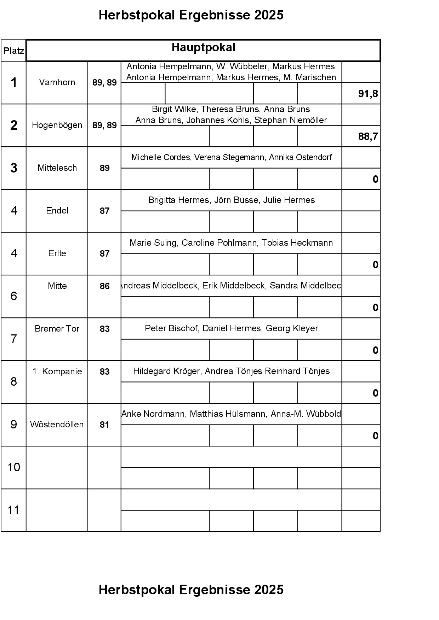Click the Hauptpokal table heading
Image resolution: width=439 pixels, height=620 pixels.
point(203,48)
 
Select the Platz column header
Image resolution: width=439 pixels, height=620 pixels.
point(14,51)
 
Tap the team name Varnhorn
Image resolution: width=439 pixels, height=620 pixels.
point(57,82)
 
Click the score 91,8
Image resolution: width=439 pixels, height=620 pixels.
point(368,94)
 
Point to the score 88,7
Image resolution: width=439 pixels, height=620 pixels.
point(368,136)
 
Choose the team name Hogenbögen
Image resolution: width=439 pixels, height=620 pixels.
point(57,125)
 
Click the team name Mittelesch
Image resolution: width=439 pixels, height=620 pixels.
point(57,168)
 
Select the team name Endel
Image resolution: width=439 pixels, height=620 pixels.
point(57,211)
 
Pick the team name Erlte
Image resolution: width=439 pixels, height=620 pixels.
point(57,253)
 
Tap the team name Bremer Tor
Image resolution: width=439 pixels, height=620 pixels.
point(57,329)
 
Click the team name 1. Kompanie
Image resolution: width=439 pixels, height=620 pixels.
point(57,372)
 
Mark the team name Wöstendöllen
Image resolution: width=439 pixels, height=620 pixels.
point(57,425)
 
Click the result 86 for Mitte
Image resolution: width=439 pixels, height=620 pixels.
point(104,286)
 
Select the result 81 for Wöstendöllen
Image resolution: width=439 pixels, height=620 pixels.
point(104,425)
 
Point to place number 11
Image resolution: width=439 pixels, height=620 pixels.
point(13,510)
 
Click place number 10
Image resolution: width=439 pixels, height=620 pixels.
point(14,467)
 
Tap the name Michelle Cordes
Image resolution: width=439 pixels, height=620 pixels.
point(160,157)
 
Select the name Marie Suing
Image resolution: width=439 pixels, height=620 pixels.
point(154,243)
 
